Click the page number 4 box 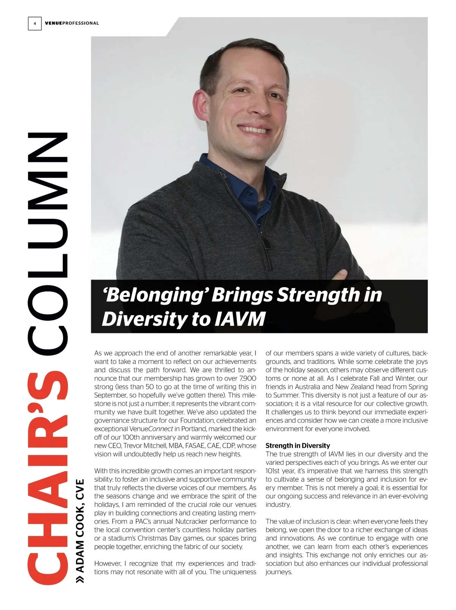[35, 24]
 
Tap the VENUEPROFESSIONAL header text [72, 24]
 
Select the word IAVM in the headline [240, 319]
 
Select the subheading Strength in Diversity [298, 446]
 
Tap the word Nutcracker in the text [187, 522]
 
